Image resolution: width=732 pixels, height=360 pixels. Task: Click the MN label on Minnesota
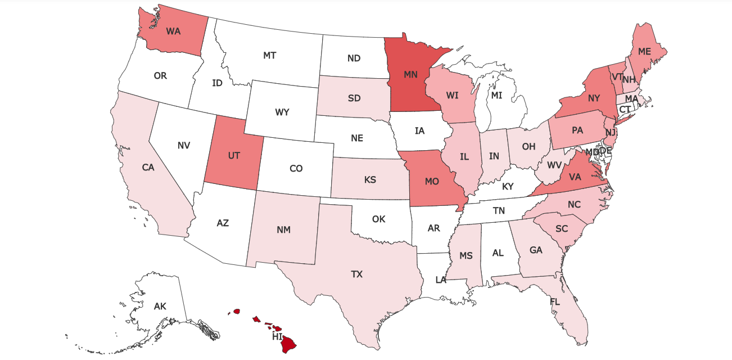tap(410, 74)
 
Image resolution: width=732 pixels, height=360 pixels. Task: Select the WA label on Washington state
tap(173, 31)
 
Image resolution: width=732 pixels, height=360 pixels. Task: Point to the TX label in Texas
tap(357, 274)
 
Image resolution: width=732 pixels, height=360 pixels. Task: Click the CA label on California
tap(148, 167)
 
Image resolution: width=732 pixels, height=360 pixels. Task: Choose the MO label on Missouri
tap(432, 182)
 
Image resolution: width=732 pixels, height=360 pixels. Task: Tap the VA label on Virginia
tap(575, 177)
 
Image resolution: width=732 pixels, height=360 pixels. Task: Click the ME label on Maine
tap(644, 51)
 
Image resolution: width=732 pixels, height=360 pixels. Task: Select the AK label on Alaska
tap(160, 307)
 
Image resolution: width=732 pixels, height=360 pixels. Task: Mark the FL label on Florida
tap(555, 302)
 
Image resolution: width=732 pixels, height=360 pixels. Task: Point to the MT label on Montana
tap(269, 55)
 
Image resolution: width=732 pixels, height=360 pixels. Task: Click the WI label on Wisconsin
tap(453, 96)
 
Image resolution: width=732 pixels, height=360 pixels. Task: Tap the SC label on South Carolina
tap(561, 229)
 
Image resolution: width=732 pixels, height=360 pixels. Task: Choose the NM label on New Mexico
tap(283, 229)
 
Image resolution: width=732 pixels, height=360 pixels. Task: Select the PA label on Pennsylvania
tap(577, 130)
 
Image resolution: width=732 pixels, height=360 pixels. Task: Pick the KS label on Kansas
tap(370, 180)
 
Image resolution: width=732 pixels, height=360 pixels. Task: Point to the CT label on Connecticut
tap(625, 109)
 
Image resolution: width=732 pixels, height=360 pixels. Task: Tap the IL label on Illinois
tap(464, 157)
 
